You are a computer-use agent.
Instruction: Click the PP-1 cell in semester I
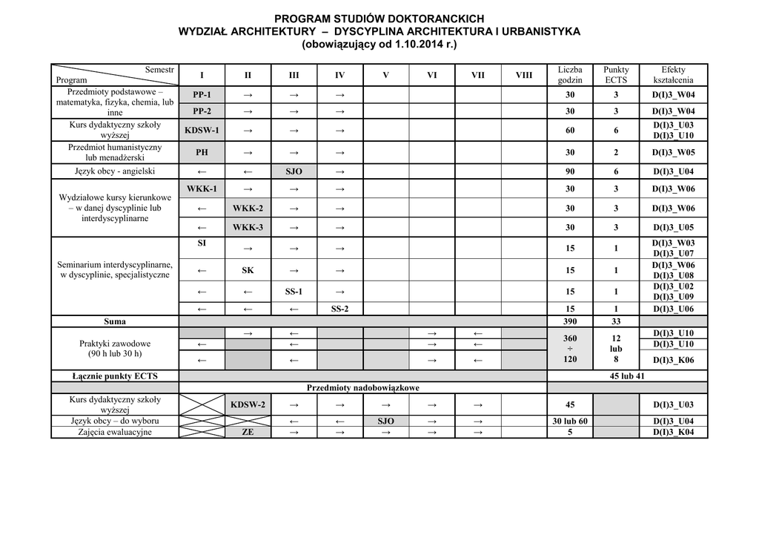[202, 95]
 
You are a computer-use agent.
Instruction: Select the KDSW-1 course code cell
[202, 131]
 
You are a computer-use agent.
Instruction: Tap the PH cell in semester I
[202, 153]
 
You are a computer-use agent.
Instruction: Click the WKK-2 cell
[248, 209]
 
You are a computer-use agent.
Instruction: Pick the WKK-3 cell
[248, 227]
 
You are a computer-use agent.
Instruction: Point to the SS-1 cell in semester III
[294, 292]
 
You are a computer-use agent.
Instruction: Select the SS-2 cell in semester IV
[339, 309]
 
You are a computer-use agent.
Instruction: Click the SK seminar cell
[248, 271]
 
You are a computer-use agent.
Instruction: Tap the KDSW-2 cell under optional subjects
[248, 405]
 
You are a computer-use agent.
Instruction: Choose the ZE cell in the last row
[248, 433]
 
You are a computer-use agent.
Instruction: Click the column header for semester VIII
[523, 75]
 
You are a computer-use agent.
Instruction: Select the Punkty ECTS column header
[616, 75]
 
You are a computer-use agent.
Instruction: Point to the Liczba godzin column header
[570, 75]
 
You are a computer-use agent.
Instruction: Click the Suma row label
[115, 322]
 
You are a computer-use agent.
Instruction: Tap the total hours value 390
[570, 322]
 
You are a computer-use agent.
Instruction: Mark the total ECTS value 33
[616, 322]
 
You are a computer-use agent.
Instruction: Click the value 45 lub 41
[627, 376]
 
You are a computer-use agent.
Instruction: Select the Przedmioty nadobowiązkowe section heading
[363, 388]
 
